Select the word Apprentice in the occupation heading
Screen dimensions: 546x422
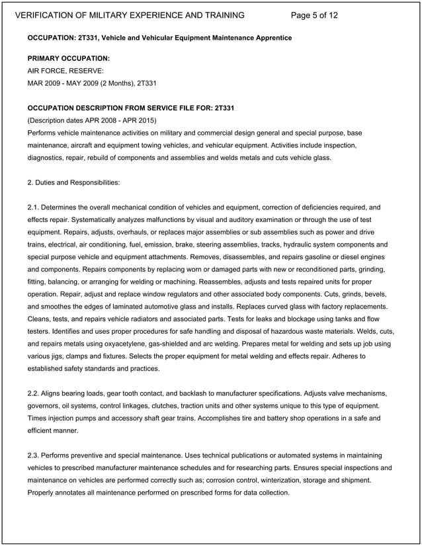[x=271, y=38]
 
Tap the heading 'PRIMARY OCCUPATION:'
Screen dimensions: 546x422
[x=68, y=59]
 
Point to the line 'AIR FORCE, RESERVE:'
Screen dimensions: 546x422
[x=65, y=71]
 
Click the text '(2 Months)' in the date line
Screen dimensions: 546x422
[x=113, y=83]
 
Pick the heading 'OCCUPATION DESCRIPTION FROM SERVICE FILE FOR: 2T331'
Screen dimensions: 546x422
[x=130, y=108]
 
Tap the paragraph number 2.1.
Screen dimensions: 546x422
[x=34, y=208]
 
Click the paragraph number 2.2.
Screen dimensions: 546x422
[x=34, y=393]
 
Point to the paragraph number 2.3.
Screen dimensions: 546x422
[x=34, y=455]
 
